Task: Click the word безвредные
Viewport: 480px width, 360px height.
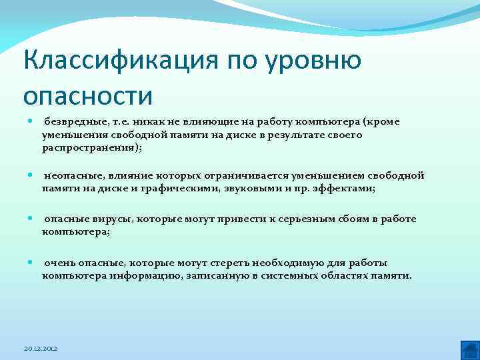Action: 71,122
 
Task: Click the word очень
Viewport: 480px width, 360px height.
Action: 58,263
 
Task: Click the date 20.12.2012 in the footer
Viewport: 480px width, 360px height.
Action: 41,349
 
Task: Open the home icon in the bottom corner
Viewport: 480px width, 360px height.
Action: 469,349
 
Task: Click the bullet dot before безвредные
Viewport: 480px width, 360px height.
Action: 31,122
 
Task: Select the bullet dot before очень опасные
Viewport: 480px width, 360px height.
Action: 31,263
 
